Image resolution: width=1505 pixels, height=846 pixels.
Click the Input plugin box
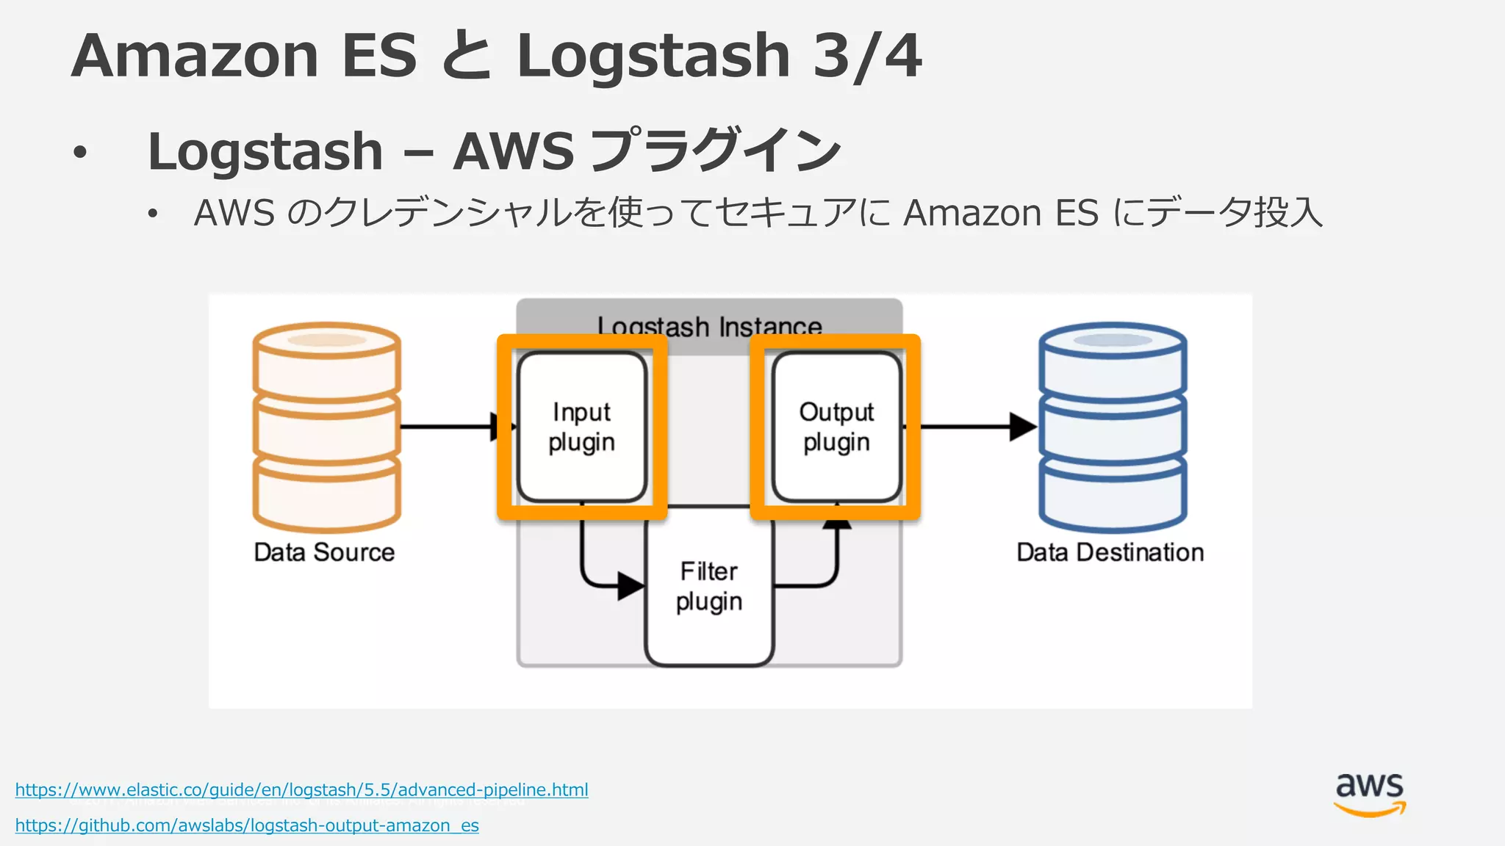pyautogui.click(x=581, y=427)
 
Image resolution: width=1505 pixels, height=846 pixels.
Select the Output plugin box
pyautogui.click(x=836, y=427)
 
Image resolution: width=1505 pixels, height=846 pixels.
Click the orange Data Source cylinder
pyautogui.click(x=326, y=427)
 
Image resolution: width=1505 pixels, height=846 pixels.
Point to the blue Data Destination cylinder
pyautogui.click(x=1113, y=427)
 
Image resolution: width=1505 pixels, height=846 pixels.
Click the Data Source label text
pyautogui.click(x=324, y=552)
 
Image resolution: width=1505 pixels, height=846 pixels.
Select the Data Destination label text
pyautogui.click(x=1110, y=552)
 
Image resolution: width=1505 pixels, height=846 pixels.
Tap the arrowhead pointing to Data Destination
pyautogui.click(x=1022, y=427)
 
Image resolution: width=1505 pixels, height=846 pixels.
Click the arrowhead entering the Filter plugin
pyautogui.click(x=631, y=586)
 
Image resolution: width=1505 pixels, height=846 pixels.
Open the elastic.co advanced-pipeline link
pyautogui.click(x=301, y=790)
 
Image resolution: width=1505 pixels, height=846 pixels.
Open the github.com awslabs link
pyautogui.click(x=247, y=825)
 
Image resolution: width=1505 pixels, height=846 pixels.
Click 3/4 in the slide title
pyautogui.click(x=867, y=56)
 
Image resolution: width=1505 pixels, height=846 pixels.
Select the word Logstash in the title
pyautogui.click(x=653, y=56)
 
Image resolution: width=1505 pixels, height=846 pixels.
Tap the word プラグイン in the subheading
pyautogui.click(x=716, y=151)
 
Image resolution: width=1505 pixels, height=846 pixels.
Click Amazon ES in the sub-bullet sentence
pyautogui.click(x=1000, y=214)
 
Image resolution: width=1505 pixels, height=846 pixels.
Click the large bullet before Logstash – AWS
pyautogui.click(x=80, y=153)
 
